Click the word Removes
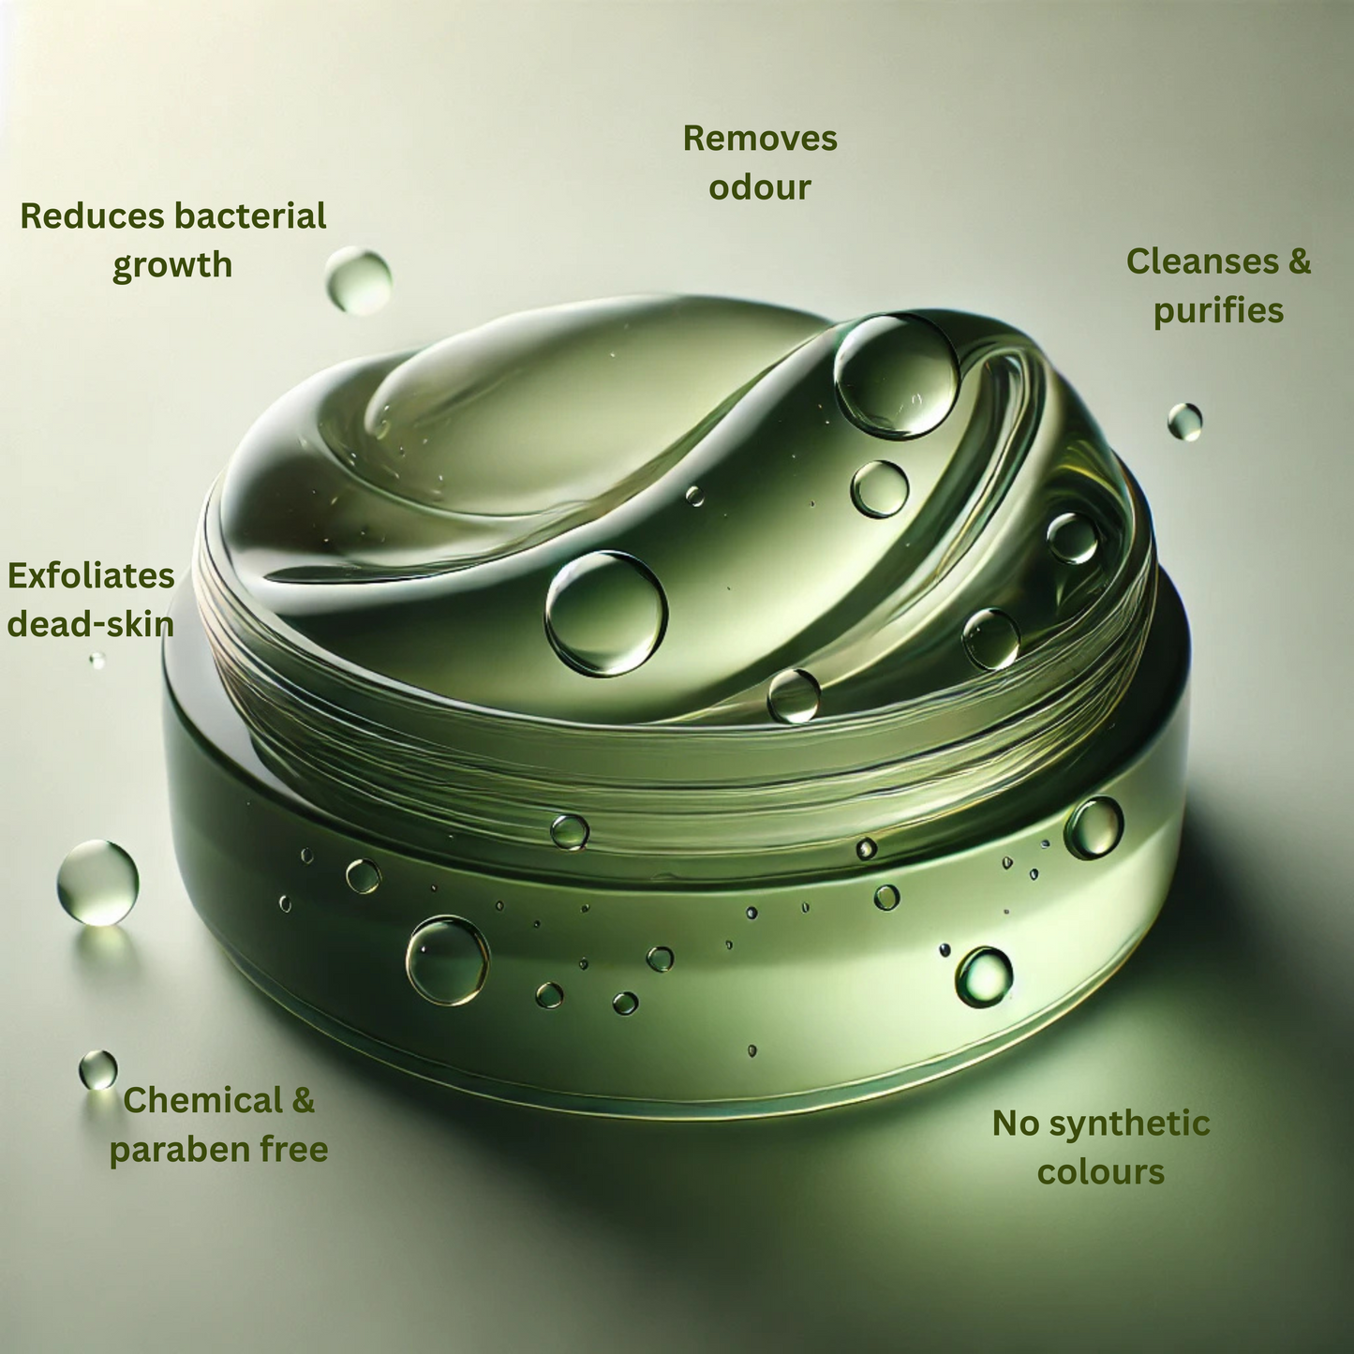(x=760, y=138)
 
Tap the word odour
(x=760, y=186)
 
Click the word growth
(x=172, y=266)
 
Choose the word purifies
(x=1218, y=311)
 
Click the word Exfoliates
(x=91, y=575)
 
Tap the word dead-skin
(x=91, y=624)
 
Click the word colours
(x=1101, y=1172)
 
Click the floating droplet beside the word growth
(x=358, y=279)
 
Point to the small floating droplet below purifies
(x=1184, y=422)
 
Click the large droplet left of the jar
(x=97, y=882)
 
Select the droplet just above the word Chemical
(x=98, y=1069)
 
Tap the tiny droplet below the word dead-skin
(x=97, y=660)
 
